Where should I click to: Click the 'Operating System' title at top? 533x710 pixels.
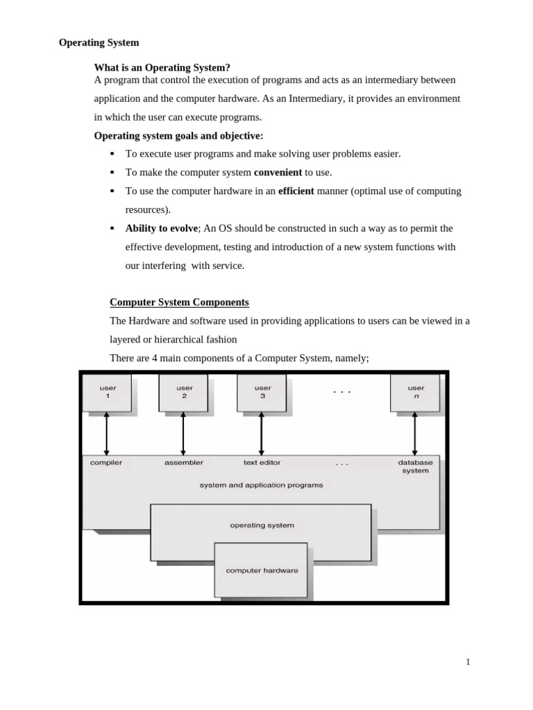pos(99,42)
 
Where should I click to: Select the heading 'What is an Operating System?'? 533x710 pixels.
pos(162,67)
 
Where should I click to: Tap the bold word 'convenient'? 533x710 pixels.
pos(278,172)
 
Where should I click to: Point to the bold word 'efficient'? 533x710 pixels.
pos(296,191)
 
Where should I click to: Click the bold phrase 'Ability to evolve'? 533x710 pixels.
pos(162,228)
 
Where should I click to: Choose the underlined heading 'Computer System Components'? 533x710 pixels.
pos(179,302)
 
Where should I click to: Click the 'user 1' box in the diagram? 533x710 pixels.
pos(107,392)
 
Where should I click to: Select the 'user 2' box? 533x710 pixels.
pos(184,392)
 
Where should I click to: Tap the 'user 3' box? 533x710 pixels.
pos(262,392)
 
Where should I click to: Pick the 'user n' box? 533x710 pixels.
pos(416,392)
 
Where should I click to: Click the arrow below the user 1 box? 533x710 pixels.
pos(107,433)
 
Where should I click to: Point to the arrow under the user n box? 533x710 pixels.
pos(415,433)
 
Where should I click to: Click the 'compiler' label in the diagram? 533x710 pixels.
pos(106,462)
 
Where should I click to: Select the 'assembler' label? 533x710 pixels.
pos(184,462)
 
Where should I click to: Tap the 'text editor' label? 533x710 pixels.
pos(262,462)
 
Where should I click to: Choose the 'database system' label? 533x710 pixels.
pos(415,466)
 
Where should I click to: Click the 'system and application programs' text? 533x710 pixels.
pos(261,485)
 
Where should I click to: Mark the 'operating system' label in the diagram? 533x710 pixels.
pos(262,525)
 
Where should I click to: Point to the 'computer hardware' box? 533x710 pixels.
pos(262,571)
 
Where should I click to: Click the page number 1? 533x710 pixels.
pos(468,661)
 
